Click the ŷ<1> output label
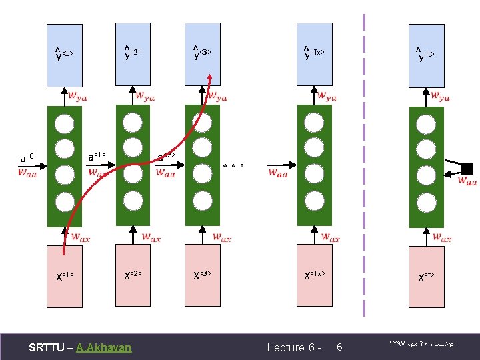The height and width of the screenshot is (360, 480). [64, 53]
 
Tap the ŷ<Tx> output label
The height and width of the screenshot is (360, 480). [314, 53]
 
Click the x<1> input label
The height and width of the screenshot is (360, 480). [64, 275]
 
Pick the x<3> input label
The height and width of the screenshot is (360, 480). [202, 275]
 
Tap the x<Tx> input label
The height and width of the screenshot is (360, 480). [314, 275]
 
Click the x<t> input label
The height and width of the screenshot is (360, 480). [425, 276]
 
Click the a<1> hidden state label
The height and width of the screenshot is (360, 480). [97, 157]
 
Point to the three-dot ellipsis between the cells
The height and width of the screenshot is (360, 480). [234, 165]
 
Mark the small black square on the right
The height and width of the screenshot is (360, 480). [467, 168]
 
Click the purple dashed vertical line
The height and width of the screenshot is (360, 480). [364, 167]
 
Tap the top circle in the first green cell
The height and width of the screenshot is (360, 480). [64, 124]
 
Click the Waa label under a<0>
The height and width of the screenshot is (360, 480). [28, 173]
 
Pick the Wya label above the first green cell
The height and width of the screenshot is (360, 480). [77, 97]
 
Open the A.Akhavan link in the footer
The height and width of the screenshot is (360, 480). [104, 347]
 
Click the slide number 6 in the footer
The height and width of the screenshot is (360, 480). [339, 347]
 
